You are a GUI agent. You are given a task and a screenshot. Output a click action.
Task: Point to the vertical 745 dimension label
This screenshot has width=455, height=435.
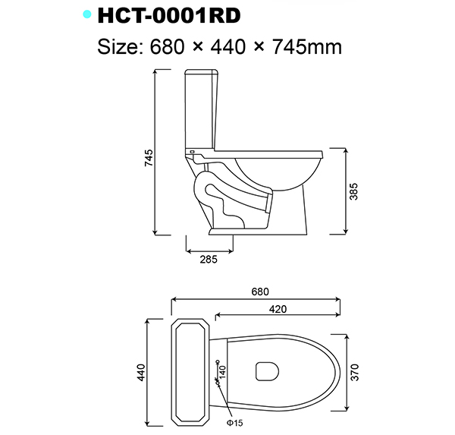pyautogui.click(x=149, y=157)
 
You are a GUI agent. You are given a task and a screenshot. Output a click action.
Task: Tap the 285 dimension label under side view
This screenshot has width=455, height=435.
pyautogui.click(x=209, y=259)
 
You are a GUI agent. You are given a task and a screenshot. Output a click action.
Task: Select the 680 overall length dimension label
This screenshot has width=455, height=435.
pyautogui.click(x=259, y=292)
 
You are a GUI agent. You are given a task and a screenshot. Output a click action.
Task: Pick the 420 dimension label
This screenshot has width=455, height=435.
pyautogui.click(x=279, y=309)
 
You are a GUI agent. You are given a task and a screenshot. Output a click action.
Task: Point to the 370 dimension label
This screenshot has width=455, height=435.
pyautogui.click(x=353, y=372)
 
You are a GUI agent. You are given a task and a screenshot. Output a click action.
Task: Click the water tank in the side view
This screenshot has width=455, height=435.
pyautogui.click(x=201, y=110)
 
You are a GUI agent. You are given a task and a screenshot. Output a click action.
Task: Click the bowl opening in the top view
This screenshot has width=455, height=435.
pyautogui.click(x=267, y=370)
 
